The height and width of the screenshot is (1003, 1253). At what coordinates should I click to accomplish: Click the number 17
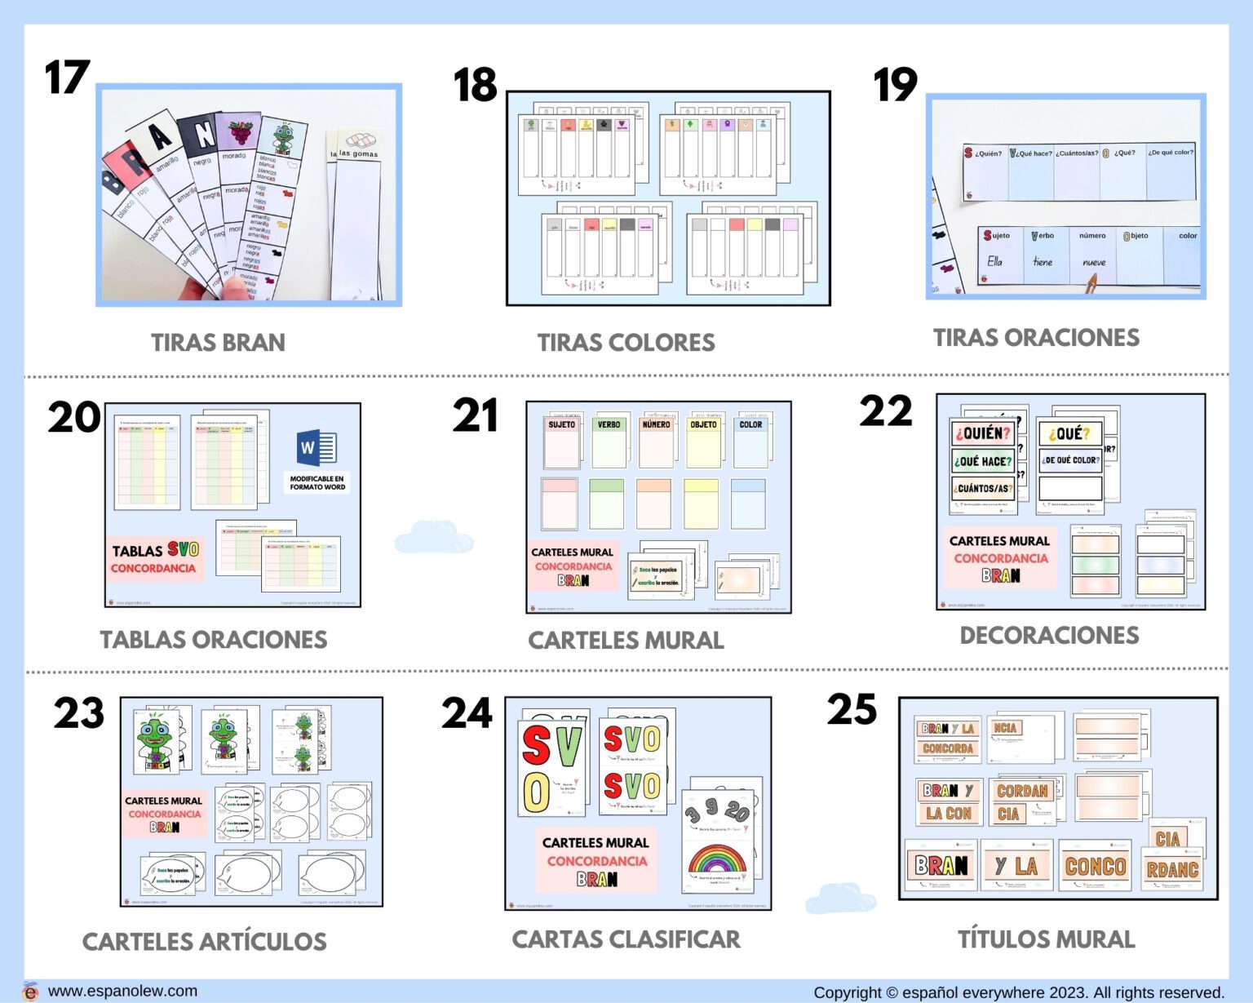click(x=67, y=78)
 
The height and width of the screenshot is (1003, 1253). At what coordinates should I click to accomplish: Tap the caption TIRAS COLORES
click(x=626, y=343)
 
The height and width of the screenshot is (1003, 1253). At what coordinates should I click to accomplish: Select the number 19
click(x=895, y=85)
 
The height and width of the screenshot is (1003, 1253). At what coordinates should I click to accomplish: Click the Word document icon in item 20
click(x=317, y=446)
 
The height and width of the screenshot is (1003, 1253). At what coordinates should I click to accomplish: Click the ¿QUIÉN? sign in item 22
click(x=982, y=433)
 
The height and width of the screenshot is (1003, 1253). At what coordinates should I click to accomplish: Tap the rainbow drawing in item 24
click(x=717, y=860)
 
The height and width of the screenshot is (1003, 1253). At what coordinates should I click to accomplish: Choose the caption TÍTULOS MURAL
click(x=1046, y=939)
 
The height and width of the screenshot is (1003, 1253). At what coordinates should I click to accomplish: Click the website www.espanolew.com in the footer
click(x=122, y=991)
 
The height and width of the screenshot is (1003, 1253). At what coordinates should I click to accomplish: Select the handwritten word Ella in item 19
click(x=994, y=262)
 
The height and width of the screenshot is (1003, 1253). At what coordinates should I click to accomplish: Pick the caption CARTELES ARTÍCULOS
click(x=204, y=942)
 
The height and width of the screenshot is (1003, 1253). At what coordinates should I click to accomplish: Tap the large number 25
click(x=852, y=709)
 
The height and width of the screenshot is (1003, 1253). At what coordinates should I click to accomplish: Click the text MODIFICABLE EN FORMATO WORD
click(x=317, y=482)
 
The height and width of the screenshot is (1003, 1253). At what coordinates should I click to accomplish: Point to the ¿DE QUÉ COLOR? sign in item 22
click(x=1070, y=460)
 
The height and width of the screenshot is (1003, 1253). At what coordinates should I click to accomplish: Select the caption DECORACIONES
click(x=1049, y=636)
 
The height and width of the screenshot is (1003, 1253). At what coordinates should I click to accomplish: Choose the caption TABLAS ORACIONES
click(x=213, y=640)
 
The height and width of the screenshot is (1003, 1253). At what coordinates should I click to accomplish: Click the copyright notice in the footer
click(x=1018, y=992)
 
